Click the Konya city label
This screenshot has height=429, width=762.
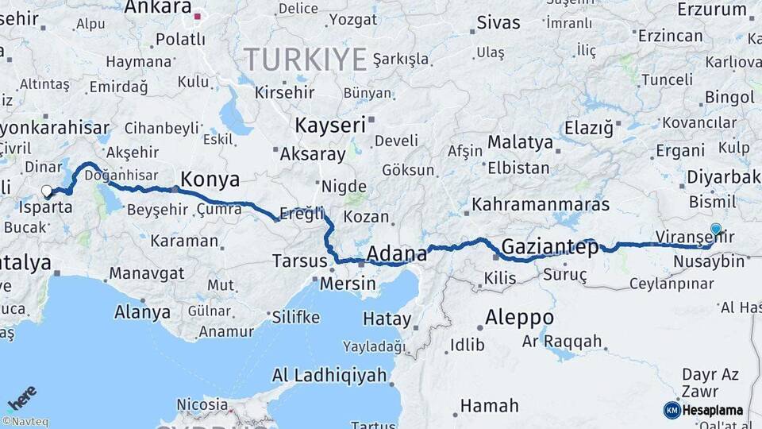(x=210, y=177)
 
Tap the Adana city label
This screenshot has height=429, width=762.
(x=397, y=254)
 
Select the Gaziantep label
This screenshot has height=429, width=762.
(x=550, y=247)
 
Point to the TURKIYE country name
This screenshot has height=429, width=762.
(x=306, y=59)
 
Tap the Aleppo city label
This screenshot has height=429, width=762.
(x=519, y=317)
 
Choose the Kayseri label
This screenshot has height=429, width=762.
(x=330, y=125)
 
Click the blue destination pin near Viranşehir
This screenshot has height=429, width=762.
(x=716, y=230)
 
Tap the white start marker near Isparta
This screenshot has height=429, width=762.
(x=47, y=191)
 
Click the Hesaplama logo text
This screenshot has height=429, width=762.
(x=713, y=410)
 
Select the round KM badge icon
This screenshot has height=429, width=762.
(x=672, y=410)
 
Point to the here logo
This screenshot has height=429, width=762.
(x=21, y=398)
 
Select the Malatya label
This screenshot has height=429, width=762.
(x=520, y=142)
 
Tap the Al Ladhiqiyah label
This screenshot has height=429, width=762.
(x=329, y=375)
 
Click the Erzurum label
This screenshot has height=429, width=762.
(x=712, y=10)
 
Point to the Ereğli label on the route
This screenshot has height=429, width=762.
(x=302, y=214)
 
